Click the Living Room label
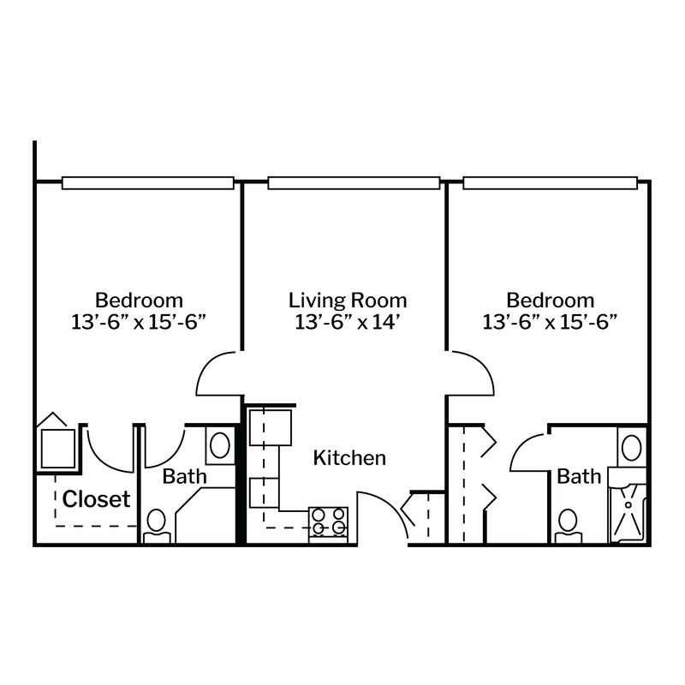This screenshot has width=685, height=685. pyautogui.click(x=348, y=301)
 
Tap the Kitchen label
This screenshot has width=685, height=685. pyautogui.click(x=349, y=458)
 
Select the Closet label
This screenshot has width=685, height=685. pyautogui.click(x=96, y=499)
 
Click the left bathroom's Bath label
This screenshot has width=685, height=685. pyautogui.click(x=184, y=476)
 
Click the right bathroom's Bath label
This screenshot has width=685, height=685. pyautogui.click(x=579, y=476)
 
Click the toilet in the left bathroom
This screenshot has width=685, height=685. pyautogui.click(x=157, y=526)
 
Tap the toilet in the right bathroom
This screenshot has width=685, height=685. pyautogui.click(x=568, y=526)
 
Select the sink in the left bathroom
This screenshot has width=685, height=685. pyautogui.click(x=220, y=445)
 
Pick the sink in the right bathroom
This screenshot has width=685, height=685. pyautogui.click(x=631, y=448)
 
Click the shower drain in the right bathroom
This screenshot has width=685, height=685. pyautogui.click(x=628, y=505)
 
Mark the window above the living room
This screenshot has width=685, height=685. pyautogui.click(x=354, y=183)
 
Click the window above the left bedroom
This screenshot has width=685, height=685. pyautogui.click(x=147, y=183)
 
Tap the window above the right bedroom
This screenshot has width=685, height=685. pyautogui.click(x=550, y=183)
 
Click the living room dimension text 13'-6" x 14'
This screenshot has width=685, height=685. pyautogui.click(x=348, y=323)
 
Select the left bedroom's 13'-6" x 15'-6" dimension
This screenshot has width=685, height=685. pyautogui.click(x=139, y=323)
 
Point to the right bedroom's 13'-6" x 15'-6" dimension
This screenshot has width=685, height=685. pyautogui.click(x=550, y=323)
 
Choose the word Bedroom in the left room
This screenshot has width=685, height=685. pyautogui.click(x=139, y=301)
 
